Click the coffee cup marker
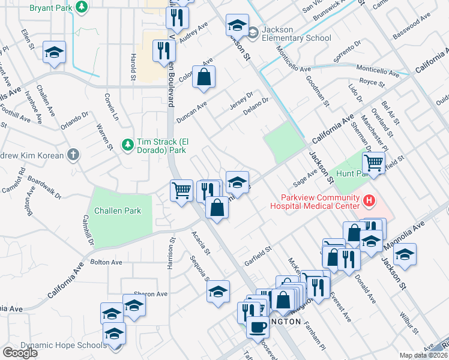tap(258, 327)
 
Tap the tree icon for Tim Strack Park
tap(127, 145)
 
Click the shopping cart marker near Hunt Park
tap(373, 162)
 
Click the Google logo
tap(20, 352)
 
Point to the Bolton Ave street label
tap(106, 262)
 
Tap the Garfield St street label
tap(258, 256)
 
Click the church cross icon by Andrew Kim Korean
tap(73, 155)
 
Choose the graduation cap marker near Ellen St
tap(55, 52)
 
